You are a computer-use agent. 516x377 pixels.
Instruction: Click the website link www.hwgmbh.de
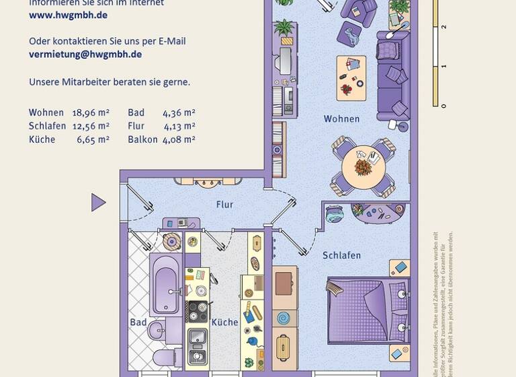coord(68,15)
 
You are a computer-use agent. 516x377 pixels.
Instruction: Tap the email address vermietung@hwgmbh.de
coord(85,55)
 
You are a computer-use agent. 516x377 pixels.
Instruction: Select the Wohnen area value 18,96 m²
coord(91,113)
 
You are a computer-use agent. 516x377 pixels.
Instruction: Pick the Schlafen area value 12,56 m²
coord(91,126)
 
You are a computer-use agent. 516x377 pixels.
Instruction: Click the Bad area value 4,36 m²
coord(179,113)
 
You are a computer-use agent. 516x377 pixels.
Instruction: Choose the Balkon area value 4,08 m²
coord(179,139)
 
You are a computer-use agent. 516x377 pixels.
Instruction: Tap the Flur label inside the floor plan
coord(224,205)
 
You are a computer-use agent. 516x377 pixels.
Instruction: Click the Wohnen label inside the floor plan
coord(341,119)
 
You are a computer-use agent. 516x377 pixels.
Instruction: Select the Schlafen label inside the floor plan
coord(341,255)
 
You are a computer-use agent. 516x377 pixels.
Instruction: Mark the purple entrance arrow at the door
coord(98,202)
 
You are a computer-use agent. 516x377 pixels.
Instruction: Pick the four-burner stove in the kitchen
coord(197,311)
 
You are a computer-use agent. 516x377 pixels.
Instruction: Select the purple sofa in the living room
coord(392,74)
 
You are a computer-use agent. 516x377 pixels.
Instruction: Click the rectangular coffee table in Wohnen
coord(351,77)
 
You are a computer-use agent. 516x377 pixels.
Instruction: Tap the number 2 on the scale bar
coord(443,27)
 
